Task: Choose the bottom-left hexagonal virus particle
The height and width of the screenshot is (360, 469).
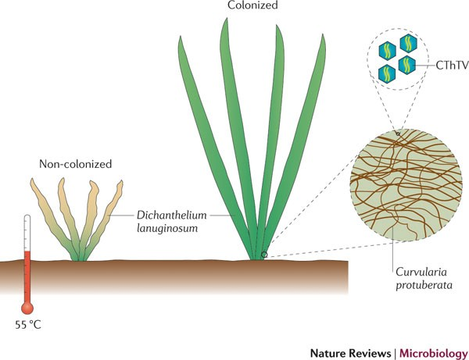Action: coord(385,74)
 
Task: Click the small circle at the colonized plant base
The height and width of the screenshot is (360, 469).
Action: coord(264,255)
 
